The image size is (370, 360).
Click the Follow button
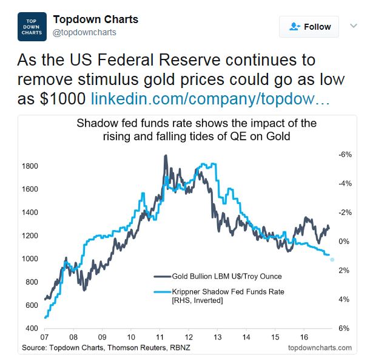[x=309, y=27]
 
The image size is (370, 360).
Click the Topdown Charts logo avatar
[x=32, y=27]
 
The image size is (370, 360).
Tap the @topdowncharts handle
[x=84, y=32]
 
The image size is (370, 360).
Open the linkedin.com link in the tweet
[x=210, y=98]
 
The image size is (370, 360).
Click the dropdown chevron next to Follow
[x=354, y=26]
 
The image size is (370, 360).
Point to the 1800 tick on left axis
[x=30, y=166]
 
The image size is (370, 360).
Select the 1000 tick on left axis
[x=30, y=259]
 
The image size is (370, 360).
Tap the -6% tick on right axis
[x=343, y=155]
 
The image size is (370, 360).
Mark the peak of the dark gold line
[x=166, y=156]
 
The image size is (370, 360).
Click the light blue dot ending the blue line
[x=332, y=259]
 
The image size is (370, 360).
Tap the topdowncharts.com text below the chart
[x=320, y=348]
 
